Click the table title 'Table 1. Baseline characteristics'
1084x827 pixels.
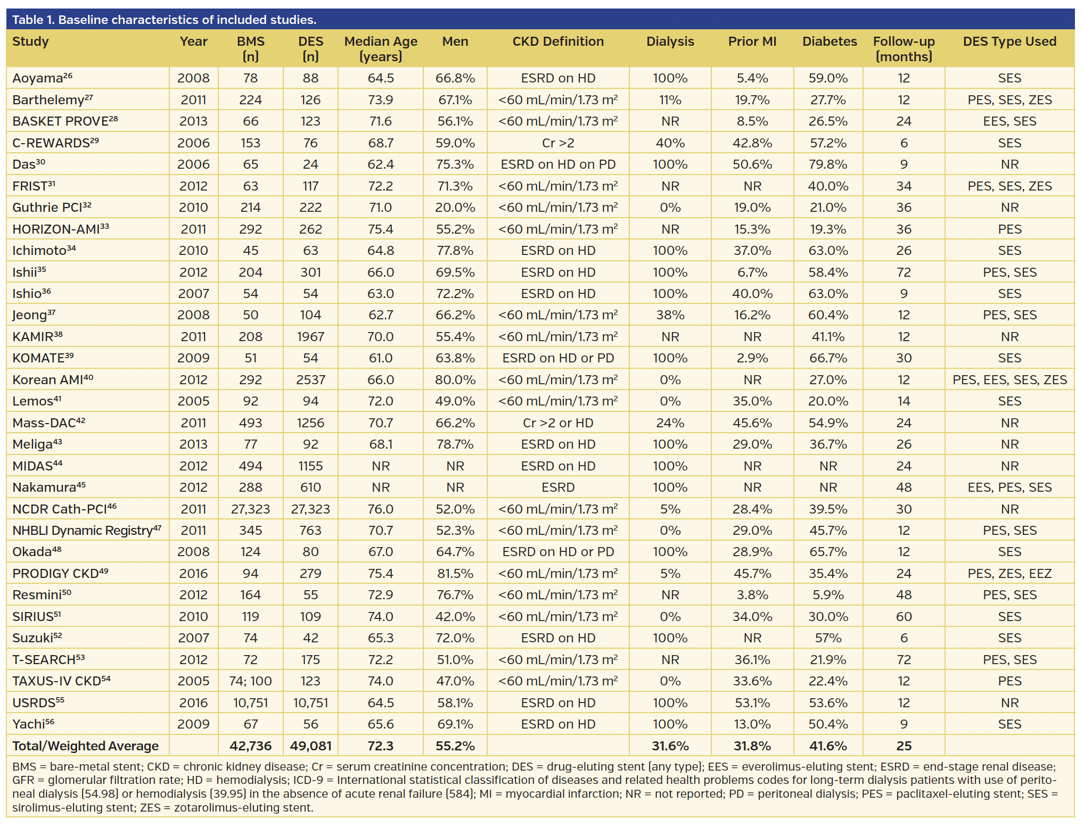pos(164,20)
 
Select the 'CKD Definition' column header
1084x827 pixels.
pos(557,42)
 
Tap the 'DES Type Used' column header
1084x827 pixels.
pos(1009,42)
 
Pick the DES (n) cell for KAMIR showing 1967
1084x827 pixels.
pos(310,337)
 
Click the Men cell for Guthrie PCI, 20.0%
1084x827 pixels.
pos(455,208)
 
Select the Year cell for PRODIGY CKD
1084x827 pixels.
pos(193,574)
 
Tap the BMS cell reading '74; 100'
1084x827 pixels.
pos(250,681)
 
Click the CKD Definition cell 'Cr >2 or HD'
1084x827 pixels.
pos(557,423)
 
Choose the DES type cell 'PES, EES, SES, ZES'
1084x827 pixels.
pos(1009,380)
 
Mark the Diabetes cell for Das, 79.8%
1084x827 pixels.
pos(827,164)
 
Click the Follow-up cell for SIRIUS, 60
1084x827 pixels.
pos(903,617)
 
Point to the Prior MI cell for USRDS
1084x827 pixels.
pos(752,703)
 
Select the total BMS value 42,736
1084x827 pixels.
pos(250,746)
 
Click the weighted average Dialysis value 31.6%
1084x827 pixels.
pos(670,746)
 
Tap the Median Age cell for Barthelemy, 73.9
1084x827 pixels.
pos(380,100)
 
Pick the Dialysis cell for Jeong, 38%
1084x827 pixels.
pos(670,315)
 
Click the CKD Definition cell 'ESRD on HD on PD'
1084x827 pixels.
pos(557,164)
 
